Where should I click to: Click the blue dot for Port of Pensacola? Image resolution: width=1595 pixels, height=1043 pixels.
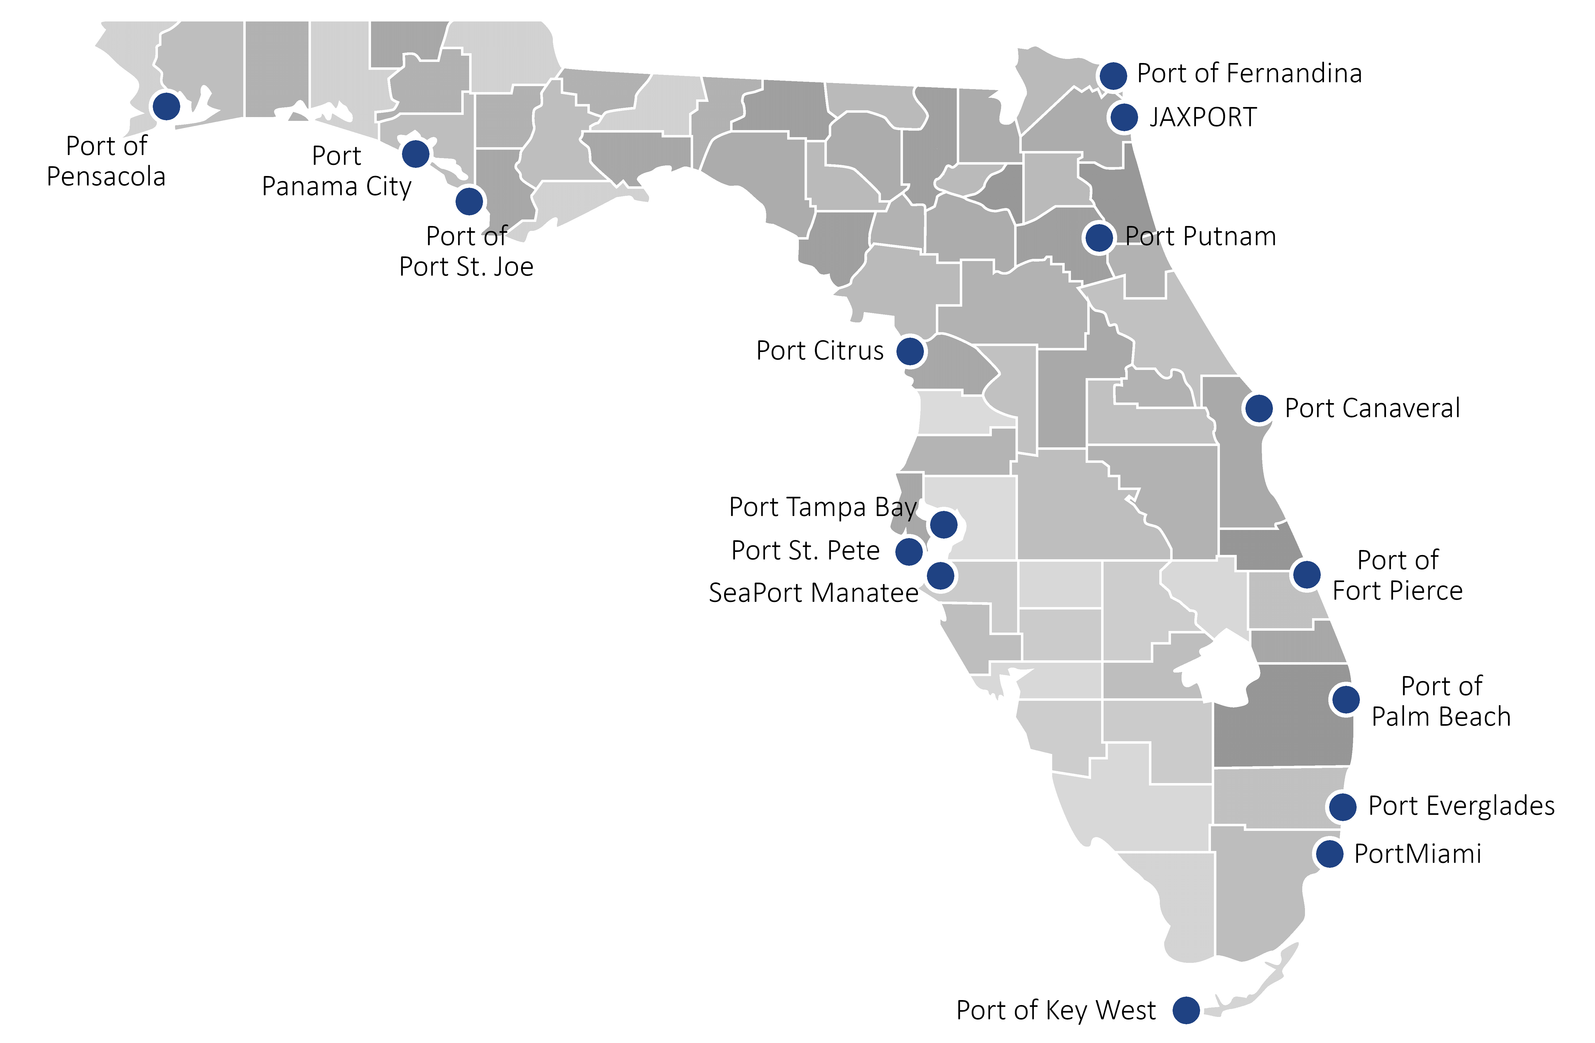(166, 106)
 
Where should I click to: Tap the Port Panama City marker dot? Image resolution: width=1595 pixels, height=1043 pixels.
(416, 153)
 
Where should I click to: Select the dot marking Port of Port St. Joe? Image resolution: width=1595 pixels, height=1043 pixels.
(469, 201)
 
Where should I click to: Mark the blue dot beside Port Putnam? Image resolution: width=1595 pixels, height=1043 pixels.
(1098, 237)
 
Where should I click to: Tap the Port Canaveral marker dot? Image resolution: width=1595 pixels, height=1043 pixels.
(1258, 408)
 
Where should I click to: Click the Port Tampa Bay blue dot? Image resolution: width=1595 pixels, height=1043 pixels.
(943, 524)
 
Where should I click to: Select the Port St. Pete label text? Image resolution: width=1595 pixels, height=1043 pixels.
(805, 551)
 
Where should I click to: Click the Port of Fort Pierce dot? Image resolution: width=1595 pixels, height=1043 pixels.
(1306, 574)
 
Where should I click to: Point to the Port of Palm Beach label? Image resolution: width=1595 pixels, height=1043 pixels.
(1441, 701)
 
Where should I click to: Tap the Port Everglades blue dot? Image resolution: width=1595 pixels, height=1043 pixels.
(1342, 806)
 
